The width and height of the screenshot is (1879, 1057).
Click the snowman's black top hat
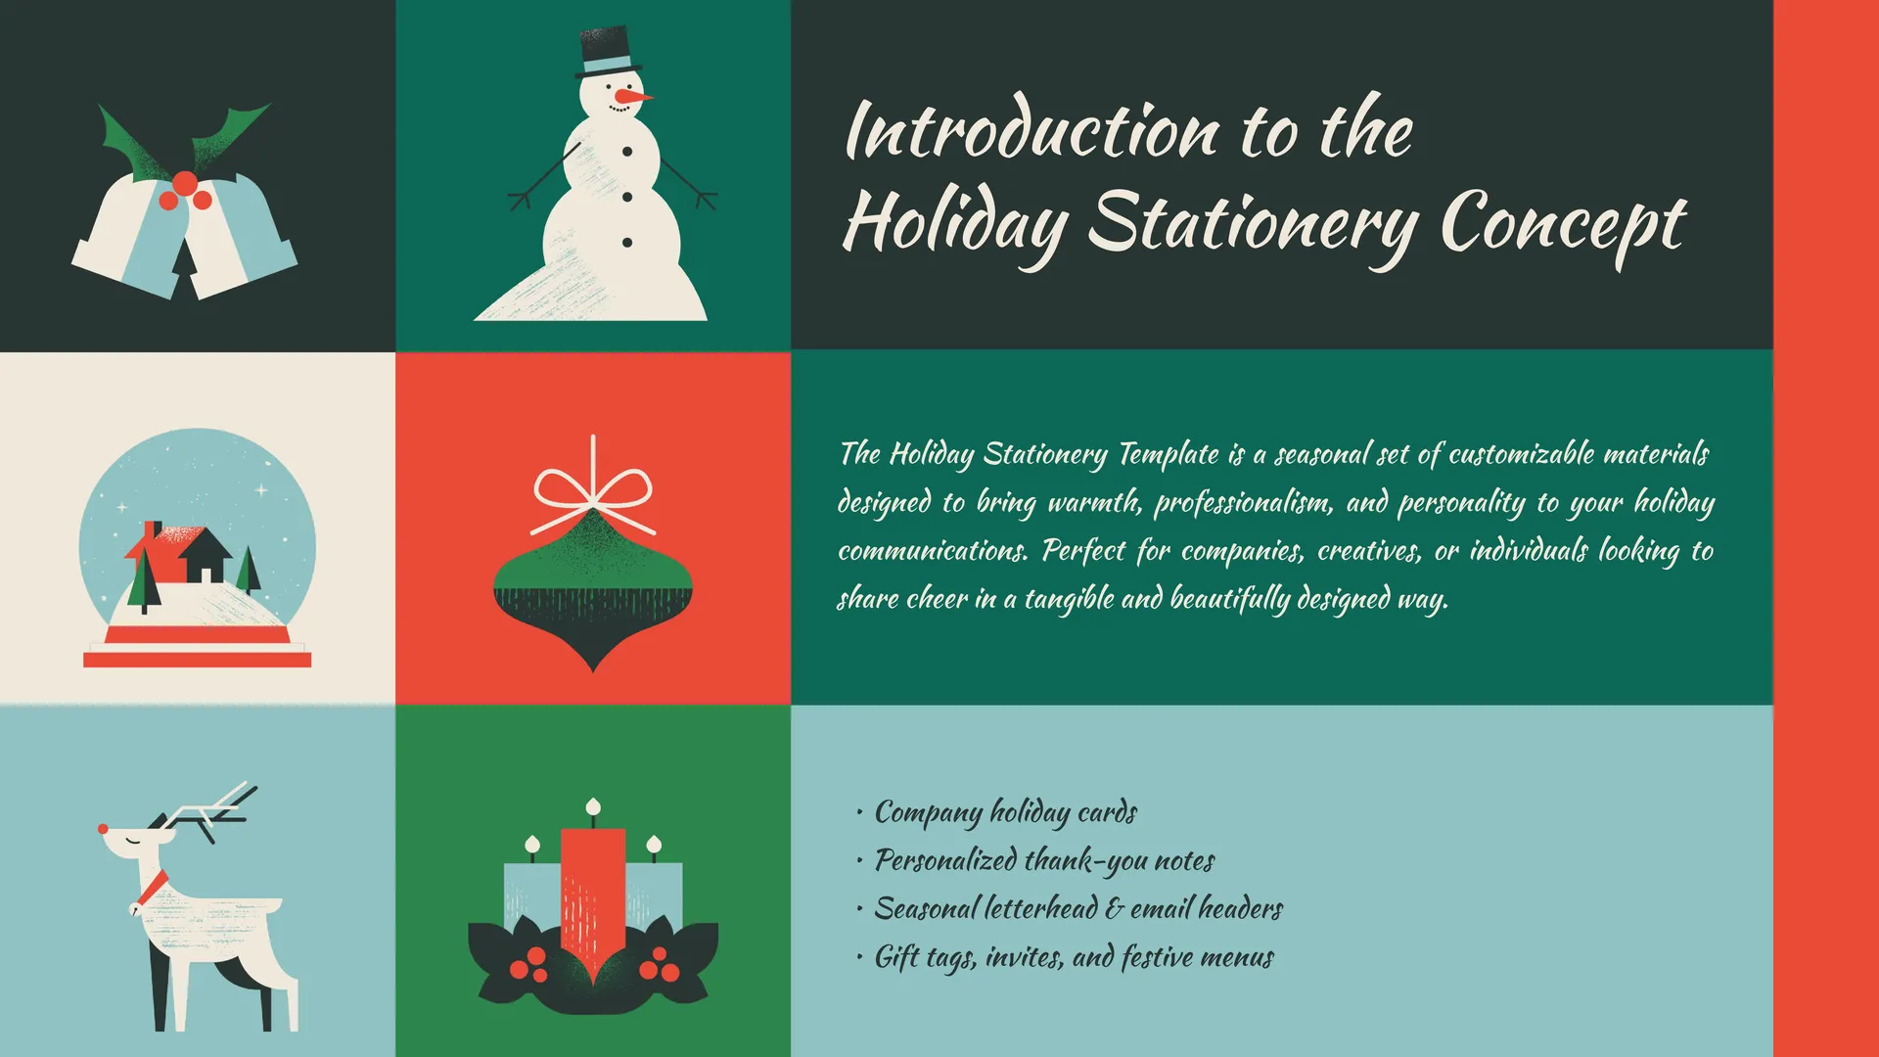coord(608,53)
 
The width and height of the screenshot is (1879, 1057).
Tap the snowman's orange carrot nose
coord(633,97)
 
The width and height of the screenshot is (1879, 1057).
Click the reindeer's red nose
coord(103,828)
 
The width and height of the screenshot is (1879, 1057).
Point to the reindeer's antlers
coord(213,808)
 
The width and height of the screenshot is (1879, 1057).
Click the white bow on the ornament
coord(593,493)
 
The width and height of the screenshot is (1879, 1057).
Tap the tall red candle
coord(592,900)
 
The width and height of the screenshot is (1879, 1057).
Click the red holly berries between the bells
coord(185,192)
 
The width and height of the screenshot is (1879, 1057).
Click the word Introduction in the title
coord(1032,131)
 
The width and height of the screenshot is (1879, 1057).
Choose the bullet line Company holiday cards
coord(1005,812)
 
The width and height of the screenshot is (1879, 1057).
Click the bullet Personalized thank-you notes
coord(1044,860)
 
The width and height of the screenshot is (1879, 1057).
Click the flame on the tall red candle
coord(592,806)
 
